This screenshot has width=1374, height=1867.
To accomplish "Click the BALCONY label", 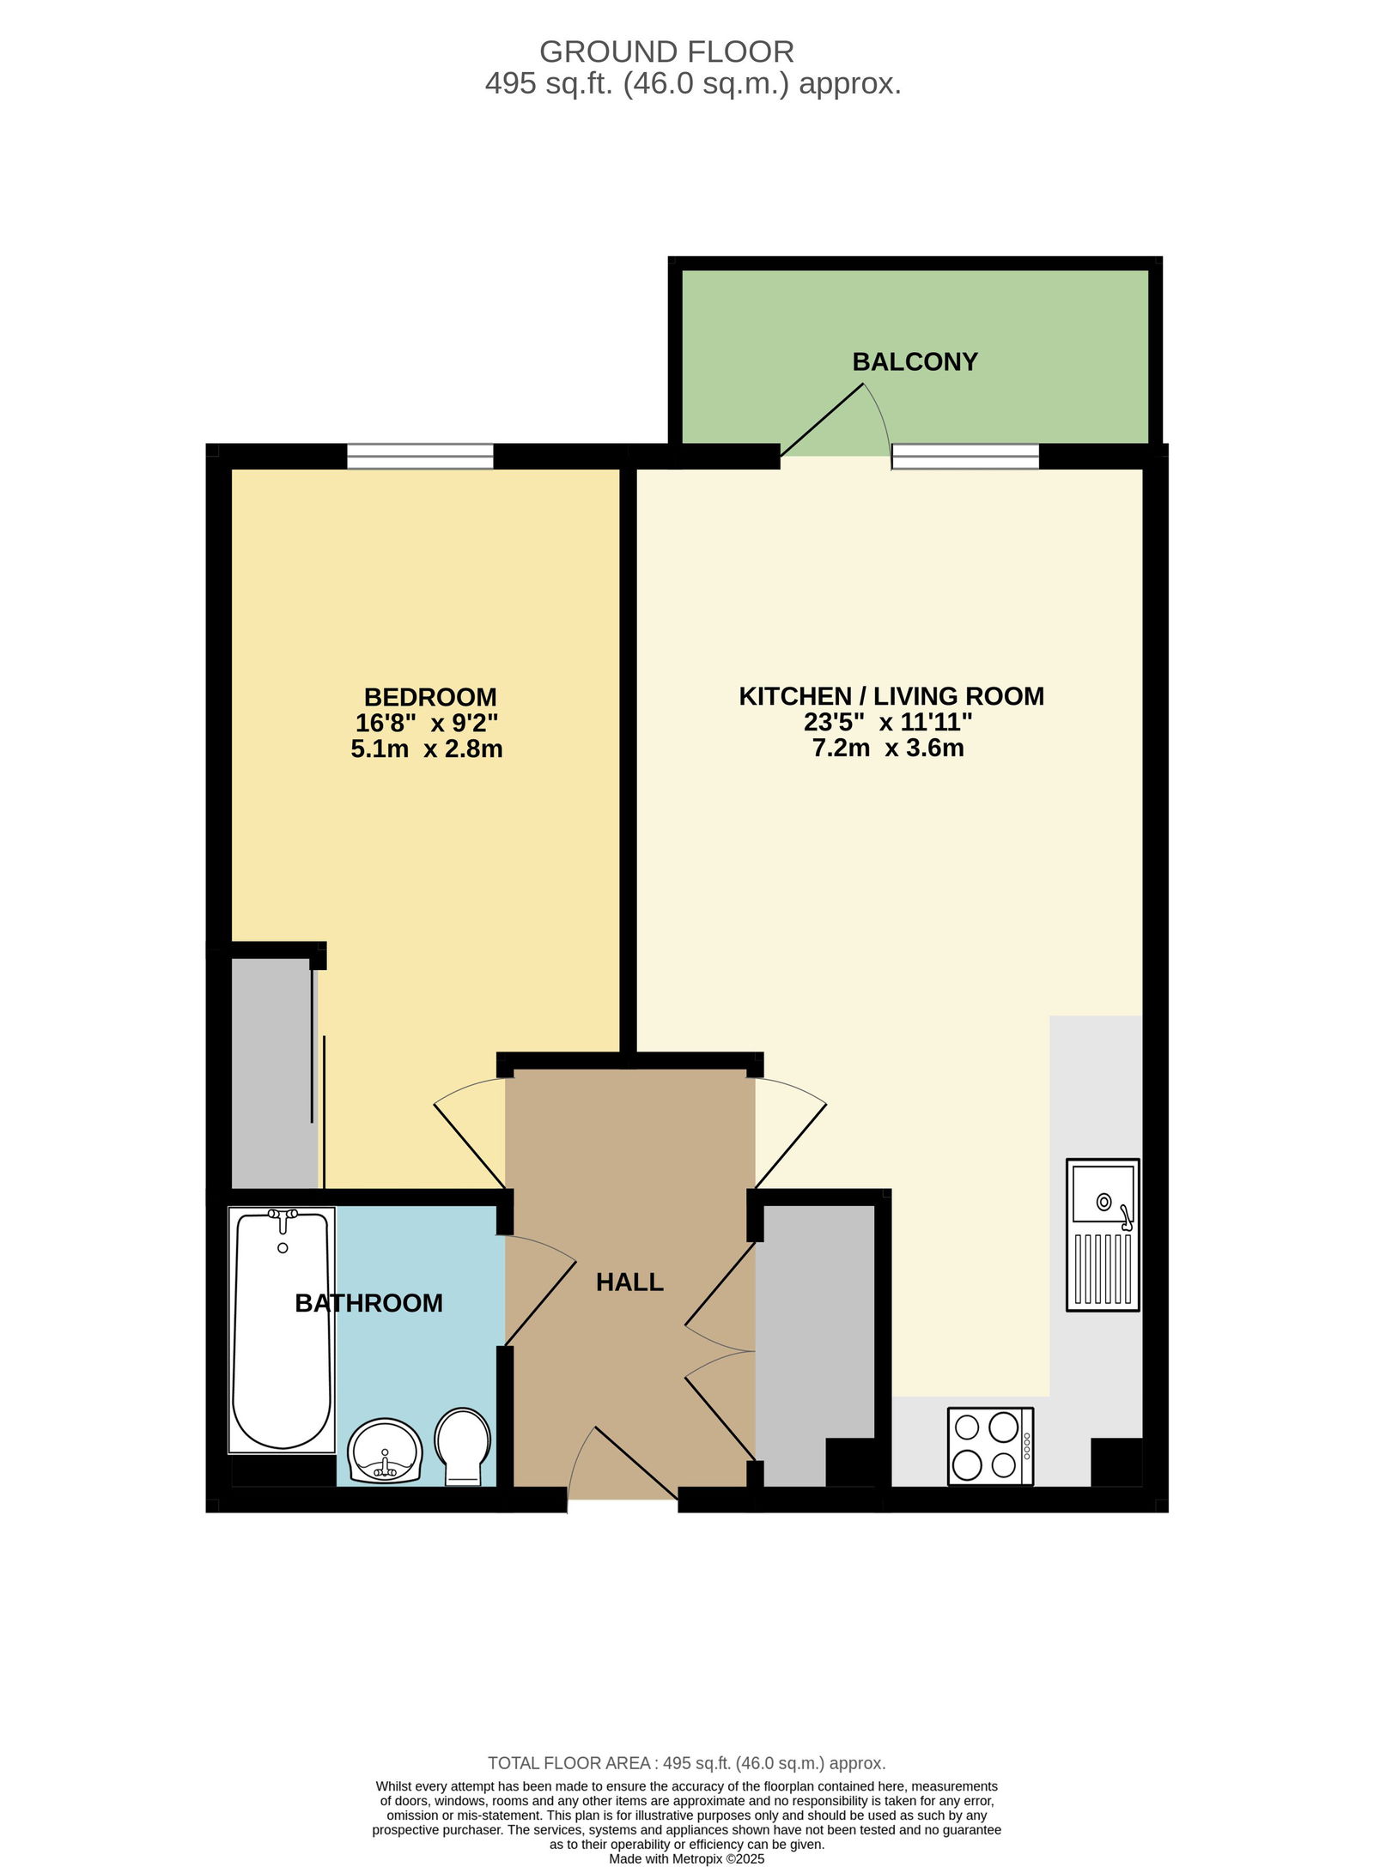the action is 915,361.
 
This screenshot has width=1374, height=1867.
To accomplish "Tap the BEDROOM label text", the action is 430,696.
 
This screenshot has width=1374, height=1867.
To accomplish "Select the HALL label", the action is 629,1282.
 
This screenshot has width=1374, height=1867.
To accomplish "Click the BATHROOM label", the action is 369,1303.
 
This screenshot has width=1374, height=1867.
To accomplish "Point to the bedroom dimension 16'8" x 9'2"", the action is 427,723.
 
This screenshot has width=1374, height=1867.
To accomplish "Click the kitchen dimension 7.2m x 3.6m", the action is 888,748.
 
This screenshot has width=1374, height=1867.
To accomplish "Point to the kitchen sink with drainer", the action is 1103,1235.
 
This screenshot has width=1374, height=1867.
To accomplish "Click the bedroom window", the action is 420,456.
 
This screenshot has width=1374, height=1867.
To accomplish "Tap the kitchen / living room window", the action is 965,456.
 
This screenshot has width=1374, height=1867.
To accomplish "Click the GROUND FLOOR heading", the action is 666,52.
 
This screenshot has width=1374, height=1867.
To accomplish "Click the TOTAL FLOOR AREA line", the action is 687,1763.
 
